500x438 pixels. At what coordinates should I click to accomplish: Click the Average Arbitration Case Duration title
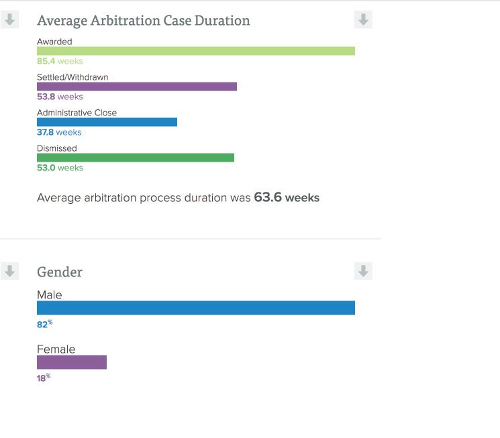click(143, 21)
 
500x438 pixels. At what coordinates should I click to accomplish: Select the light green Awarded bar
click(195, 51)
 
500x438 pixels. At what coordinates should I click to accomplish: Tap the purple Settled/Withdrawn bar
click(137, 87)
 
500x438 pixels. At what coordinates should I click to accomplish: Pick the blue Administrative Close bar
click(107, 122)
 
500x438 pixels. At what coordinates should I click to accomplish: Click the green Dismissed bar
click(136, 158)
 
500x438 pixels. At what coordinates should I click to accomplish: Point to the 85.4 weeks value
click(60, 62)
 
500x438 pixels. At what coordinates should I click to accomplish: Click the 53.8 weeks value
click(60, 97)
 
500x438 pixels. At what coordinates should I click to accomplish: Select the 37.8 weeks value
click(59, 133)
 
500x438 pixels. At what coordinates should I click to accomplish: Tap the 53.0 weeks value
click(60, 168)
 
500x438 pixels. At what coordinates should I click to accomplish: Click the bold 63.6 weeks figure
click(287, 198)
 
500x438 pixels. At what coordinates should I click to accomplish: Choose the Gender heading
click(60, 272)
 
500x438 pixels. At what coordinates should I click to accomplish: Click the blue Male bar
click(195, 308)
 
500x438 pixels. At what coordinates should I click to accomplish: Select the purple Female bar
click(72, 362)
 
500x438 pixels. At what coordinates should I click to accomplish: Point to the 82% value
click(44, 325)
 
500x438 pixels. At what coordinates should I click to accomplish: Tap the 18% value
click(44, 378)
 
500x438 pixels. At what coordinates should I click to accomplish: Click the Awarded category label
click(54, 42)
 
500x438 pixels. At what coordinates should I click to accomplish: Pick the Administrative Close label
click(77, 113)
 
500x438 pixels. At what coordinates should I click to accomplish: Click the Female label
click(56, 349)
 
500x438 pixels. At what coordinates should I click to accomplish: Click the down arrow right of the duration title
click(363, 20)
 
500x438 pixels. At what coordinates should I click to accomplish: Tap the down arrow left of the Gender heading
click(9, 272)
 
